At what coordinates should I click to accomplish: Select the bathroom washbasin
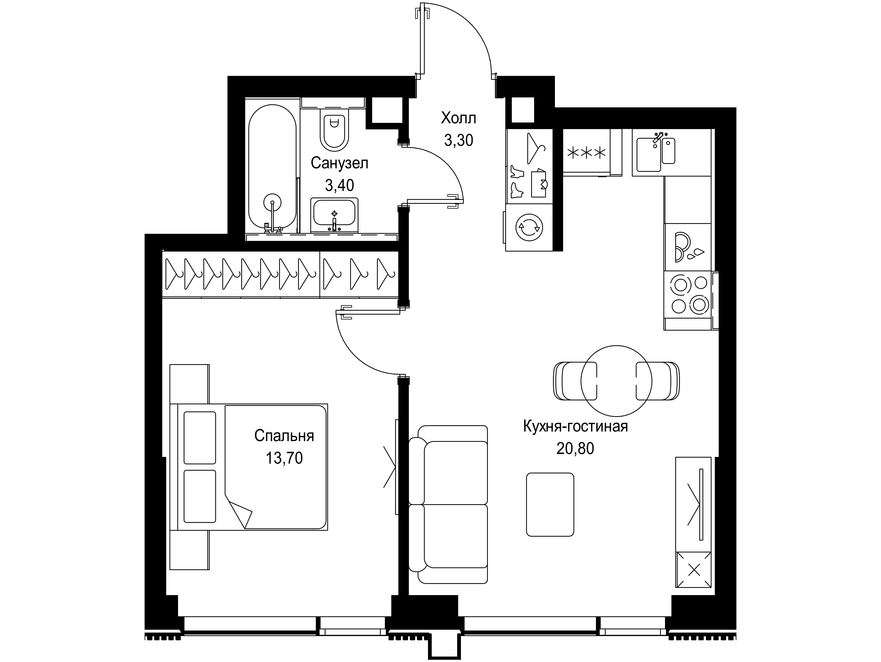pos(334,215)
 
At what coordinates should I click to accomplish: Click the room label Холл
pos(458,118)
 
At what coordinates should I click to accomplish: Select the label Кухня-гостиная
pos(575,426)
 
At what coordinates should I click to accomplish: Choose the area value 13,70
pos(284,458)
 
